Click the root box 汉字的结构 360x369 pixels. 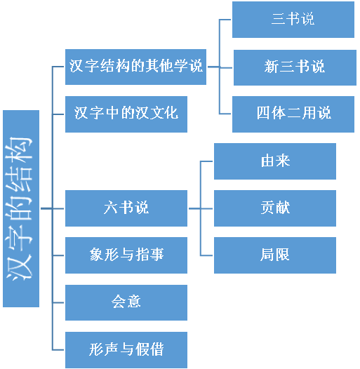coord(21,208)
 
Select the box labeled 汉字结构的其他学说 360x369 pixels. coord(135,67)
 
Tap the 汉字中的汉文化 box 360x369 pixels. coord(126,114)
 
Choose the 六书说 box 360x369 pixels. coord(126,208)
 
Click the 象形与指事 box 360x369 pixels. coord(126,255)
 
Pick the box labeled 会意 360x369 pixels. coord(126,302)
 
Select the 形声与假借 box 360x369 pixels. coord(126,350)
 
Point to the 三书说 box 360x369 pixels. coord(293,20)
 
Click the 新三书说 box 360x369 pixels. coord(295,67)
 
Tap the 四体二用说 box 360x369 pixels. coord(293,114)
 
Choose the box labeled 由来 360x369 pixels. coord(275,161)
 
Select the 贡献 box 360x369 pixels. coord(275,208)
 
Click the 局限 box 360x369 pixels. coord(275,255)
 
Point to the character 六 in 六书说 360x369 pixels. coord(110,208)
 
